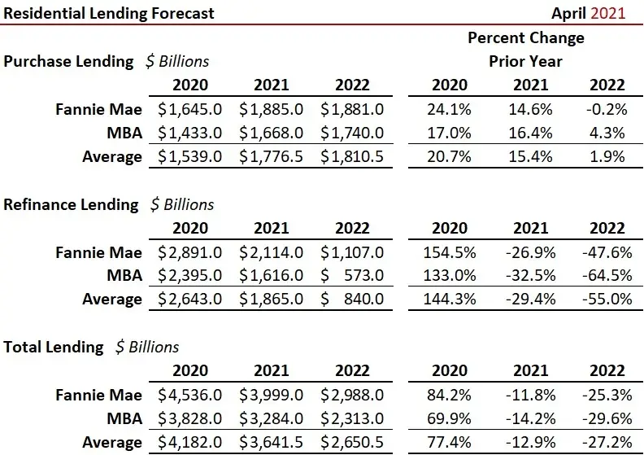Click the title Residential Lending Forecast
pos(109,12)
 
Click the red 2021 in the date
pos(608,12)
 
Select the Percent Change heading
pos(525,37)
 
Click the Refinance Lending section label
pos(71,204)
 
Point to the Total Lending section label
pos(54,347)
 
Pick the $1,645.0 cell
pos(189,108)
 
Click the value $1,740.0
pos(352,132)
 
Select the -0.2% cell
pos(607,108)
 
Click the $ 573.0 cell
pos(352,275)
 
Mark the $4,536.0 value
pos(189,395)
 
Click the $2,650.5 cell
pos(352,442)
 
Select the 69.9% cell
pos(448,418)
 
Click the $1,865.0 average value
pos(271,299)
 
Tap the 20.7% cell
pos(448,155)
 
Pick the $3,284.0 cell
pos(271,418)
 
